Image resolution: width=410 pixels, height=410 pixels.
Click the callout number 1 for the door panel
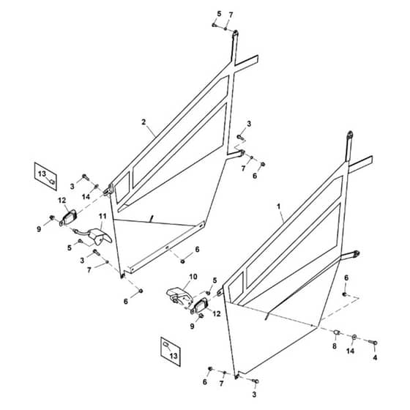(278, 206)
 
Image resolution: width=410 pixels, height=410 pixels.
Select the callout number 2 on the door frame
(143, 122)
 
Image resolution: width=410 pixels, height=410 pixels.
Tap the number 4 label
(375, 357)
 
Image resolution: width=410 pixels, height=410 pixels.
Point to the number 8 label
(335, 346)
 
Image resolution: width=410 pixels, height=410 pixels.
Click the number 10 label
(193, 277)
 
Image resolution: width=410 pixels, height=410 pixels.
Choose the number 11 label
(102, 216)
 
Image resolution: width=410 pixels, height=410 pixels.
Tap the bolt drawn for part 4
(373, 342)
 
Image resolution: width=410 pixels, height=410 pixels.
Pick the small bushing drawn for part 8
(336, 332)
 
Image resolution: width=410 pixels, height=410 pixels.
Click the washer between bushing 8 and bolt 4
(354, 337)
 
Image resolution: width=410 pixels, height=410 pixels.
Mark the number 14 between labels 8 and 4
(350, 351)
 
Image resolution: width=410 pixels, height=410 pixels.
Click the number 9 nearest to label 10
(192, 326)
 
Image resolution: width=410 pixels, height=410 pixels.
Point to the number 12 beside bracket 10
(217, 313)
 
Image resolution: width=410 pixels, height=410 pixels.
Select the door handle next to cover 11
(68, 218)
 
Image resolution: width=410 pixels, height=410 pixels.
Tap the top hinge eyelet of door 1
(350, 135)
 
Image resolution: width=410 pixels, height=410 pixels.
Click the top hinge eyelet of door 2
(235, 34)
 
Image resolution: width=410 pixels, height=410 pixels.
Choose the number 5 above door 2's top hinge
(219, 14)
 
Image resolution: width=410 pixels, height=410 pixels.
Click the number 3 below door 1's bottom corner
(254, 395)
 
